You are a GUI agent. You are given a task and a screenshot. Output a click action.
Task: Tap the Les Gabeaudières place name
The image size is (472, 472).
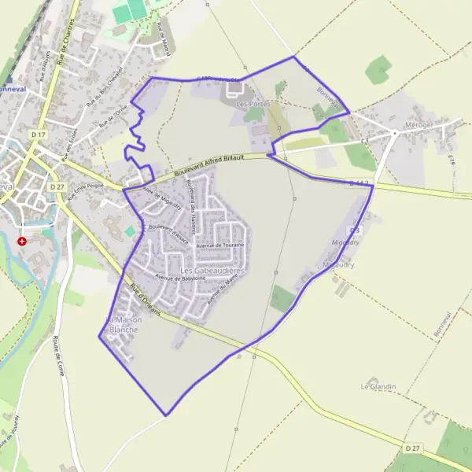[212, 271]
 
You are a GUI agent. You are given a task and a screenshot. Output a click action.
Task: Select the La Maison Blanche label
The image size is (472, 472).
[121, 325]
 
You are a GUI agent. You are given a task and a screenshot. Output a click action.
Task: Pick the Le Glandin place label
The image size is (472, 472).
[378, 387]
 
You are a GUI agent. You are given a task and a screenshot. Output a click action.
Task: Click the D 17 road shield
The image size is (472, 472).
[37, 135]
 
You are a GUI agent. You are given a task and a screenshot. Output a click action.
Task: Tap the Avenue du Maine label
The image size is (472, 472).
[223, 292]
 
